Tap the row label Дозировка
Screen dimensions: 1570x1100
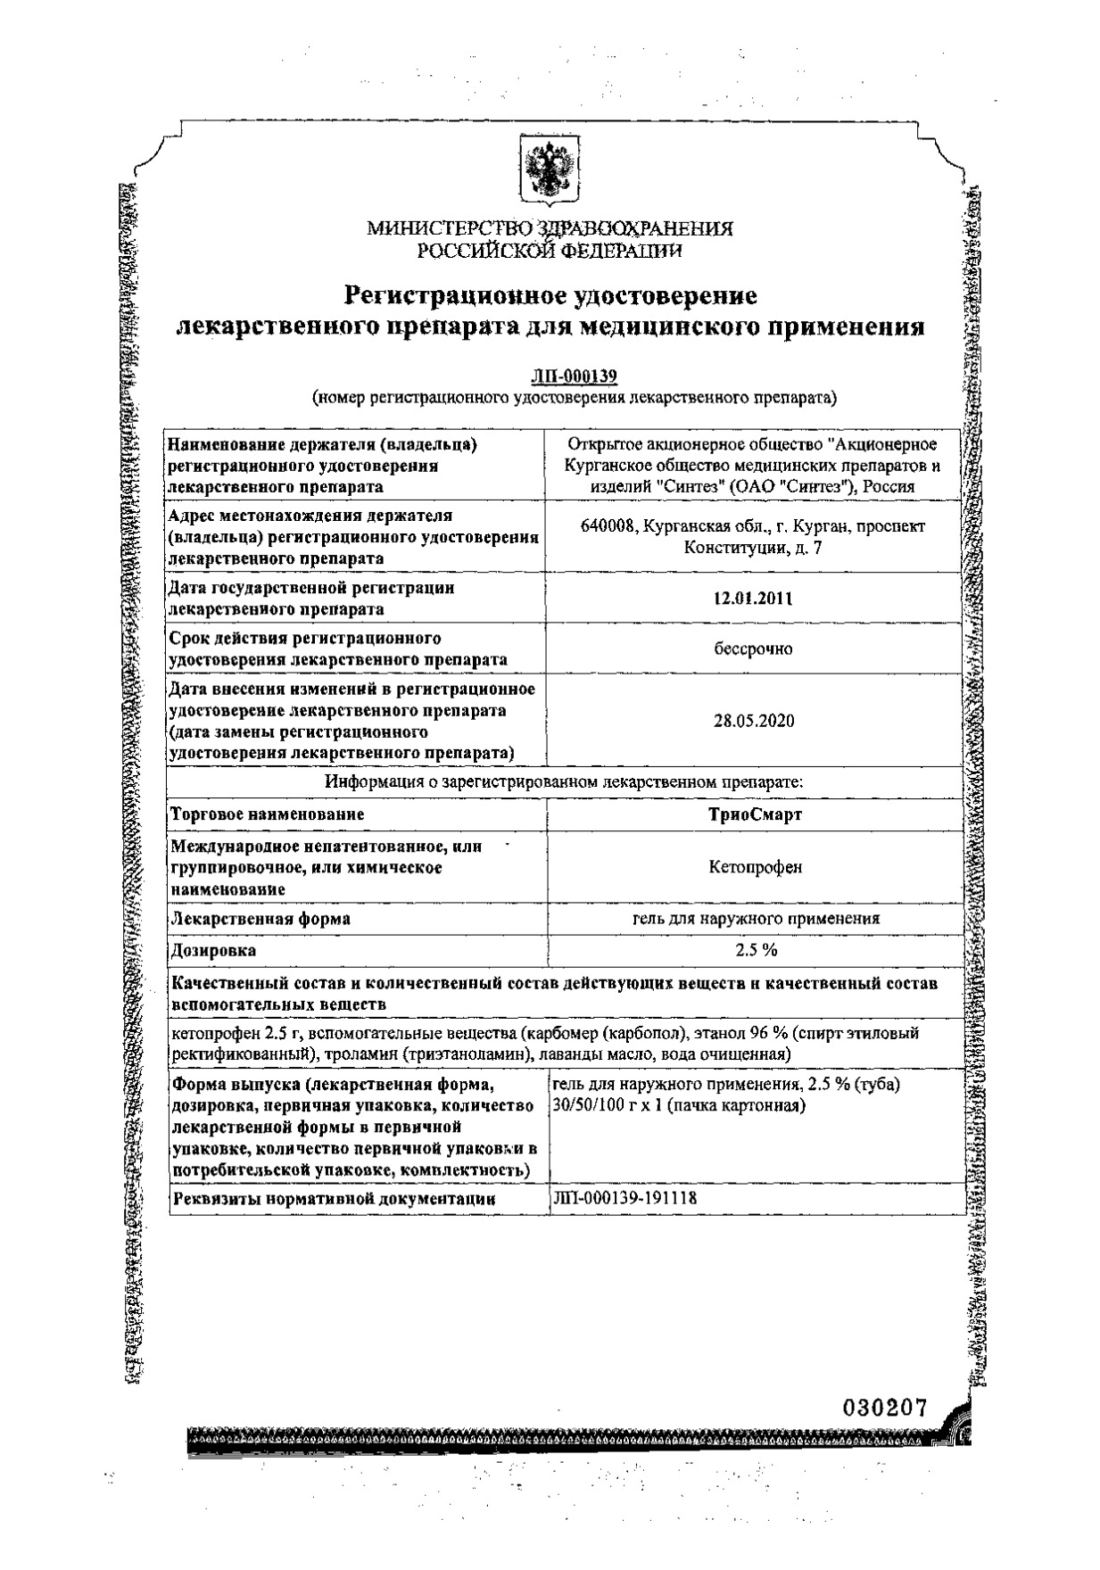point(214,950)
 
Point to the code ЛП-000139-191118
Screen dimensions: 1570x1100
point(625,1198)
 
